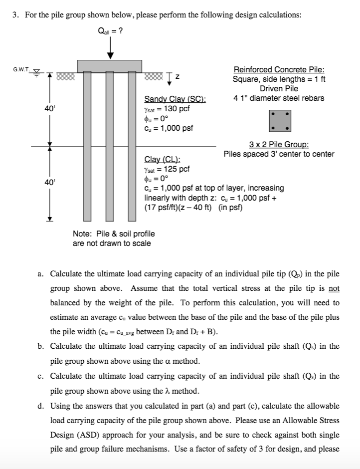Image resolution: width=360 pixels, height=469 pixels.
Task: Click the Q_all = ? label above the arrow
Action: pos(111,30)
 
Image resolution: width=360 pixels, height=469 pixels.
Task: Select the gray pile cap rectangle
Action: pos(110,66)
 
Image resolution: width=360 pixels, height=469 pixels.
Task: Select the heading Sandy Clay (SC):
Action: pos(175,99)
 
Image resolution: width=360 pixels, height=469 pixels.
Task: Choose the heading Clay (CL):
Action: pos(162,160)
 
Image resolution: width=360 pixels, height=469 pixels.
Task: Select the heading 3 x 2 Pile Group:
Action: pos(279,145)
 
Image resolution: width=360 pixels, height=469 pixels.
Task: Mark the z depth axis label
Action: pos(178,76)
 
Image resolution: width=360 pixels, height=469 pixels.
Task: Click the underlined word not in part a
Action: pos(334,288)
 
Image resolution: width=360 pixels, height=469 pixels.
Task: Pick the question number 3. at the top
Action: pos(16,14)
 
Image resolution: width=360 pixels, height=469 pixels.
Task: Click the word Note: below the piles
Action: pos(81,234)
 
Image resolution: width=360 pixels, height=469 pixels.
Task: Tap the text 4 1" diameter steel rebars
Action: pos(279,98)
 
